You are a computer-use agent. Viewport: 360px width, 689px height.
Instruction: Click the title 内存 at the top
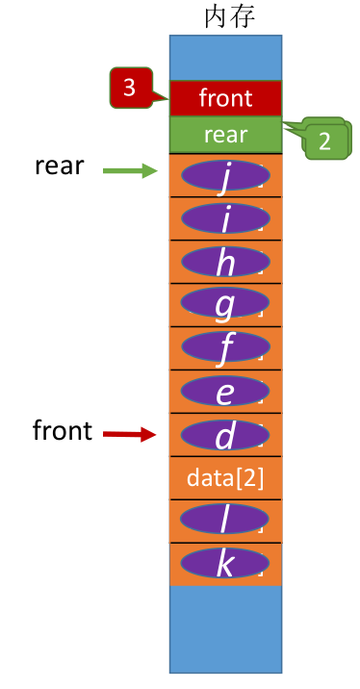[230, 16]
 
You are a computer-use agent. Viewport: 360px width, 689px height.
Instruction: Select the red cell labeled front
[225, 98]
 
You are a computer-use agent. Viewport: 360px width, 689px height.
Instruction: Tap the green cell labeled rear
[225, 135]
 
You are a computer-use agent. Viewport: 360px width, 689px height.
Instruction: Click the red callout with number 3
[130, 89]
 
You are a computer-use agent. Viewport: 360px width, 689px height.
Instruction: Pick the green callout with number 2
[324, 140]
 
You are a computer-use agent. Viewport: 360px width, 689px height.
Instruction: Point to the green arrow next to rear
[129, 171]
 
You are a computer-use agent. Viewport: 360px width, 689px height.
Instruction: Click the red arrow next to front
[129, 435]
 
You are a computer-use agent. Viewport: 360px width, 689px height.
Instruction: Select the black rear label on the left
[60, 166]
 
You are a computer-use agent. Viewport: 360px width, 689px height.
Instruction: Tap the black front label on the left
[63, 430]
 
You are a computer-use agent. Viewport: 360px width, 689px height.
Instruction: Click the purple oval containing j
[225, 176]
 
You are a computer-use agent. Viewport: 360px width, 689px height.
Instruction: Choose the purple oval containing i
[225, 219]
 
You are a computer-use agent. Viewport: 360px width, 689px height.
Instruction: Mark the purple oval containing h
[225, 263]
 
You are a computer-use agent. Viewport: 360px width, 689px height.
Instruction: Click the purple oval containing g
[225, 306]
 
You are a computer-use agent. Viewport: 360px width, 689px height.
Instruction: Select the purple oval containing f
[225, 348]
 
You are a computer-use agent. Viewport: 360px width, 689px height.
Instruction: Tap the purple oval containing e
[225, 392]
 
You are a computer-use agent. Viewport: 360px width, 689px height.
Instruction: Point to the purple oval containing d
[225, 436]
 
